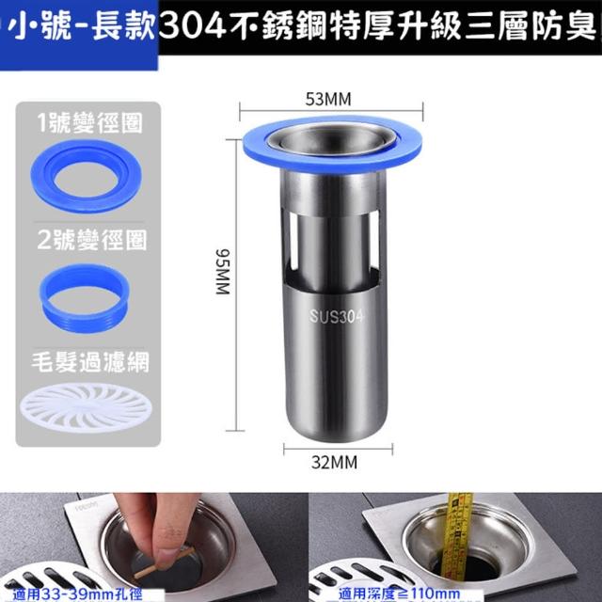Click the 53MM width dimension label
click(x=328, y=99)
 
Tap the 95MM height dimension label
click(x=223, y=272)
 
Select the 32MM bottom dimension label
click(x=334, y=462)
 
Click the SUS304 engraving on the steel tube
click(x=336, y=317)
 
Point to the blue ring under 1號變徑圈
click(x=86, y=176)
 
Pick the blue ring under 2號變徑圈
click(x=85, y=298)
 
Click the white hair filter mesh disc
click(x=87, y=407)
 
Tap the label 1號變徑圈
click(x=90, y=123)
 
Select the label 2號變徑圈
click(x=92, y=241)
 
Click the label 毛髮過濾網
click(x=90, y=362)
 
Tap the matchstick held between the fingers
click(x=166, y=562)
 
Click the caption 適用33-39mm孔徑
click(x=77, y=594)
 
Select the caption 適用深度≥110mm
click(x=399, y=594)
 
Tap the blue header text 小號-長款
click(x=82, y=27)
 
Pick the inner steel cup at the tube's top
click(x=332, y=139)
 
